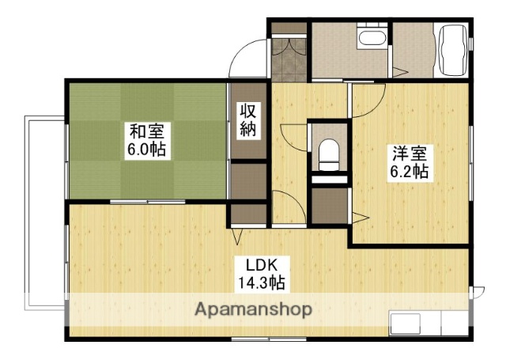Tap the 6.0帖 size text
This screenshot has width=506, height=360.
[146, 150]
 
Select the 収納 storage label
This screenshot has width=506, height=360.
[247, 121]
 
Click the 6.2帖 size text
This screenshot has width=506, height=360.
[408, 172]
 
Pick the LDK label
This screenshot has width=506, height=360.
[266, 263]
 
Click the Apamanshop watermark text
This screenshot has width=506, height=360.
[253, 309]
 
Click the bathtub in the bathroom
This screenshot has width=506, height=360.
[451, 48]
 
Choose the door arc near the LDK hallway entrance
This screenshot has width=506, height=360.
[289, 207]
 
